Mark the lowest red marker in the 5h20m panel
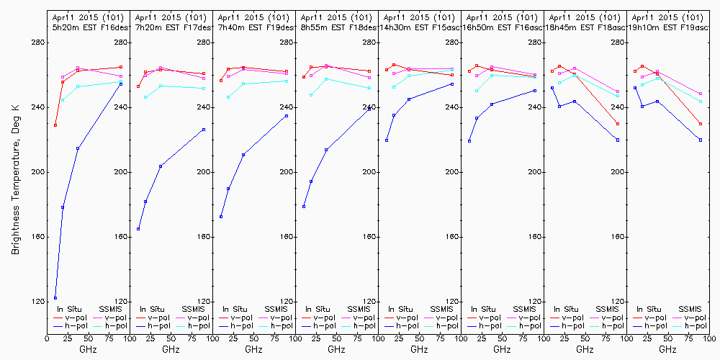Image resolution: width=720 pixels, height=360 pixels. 55,125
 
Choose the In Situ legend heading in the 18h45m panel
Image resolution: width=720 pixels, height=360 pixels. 567,309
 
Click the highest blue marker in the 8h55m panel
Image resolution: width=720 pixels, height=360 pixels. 369,109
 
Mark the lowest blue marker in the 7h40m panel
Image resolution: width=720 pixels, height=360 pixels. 221,217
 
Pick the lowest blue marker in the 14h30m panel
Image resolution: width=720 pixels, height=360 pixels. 387,140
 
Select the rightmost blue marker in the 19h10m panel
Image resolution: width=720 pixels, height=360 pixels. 701,140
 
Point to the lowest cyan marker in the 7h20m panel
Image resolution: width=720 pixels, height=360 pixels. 145,97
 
